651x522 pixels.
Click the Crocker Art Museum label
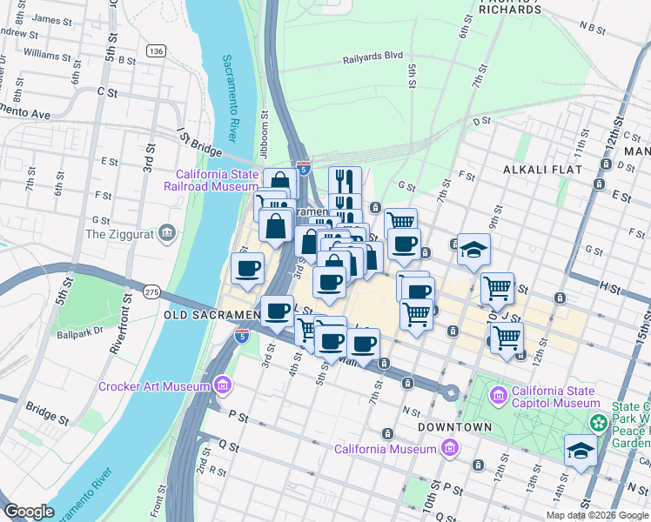tap(153, 386)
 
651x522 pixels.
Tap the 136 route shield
tap(156, 51)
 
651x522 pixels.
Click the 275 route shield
tap(151, 291)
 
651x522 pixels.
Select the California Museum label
tap(386, 449)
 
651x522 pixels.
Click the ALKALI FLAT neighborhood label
tap(539, 171)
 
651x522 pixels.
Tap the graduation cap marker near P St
tap(581, 451)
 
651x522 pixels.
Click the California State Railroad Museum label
tap(218, 180)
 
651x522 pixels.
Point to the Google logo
tap(30, 512)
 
